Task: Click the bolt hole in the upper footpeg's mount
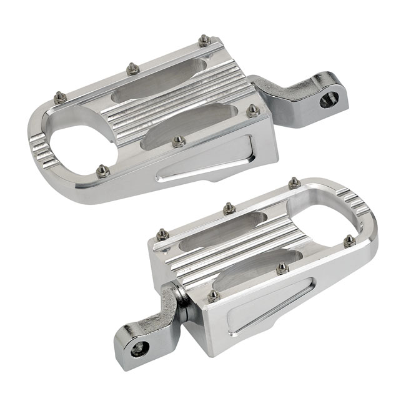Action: (x=330, y=98)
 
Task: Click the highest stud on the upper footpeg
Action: (x=204, y=41)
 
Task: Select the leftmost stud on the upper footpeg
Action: (x=59, y=97)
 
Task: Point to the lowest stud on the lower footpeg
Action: (x=214, y=295)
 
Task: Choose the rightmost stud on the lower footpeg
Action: (x=349, y=240)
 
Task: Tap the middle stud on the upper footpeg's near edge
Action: (x=179, y=141)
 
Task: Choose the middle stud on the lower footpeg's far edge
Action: (x=229, y=207)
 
